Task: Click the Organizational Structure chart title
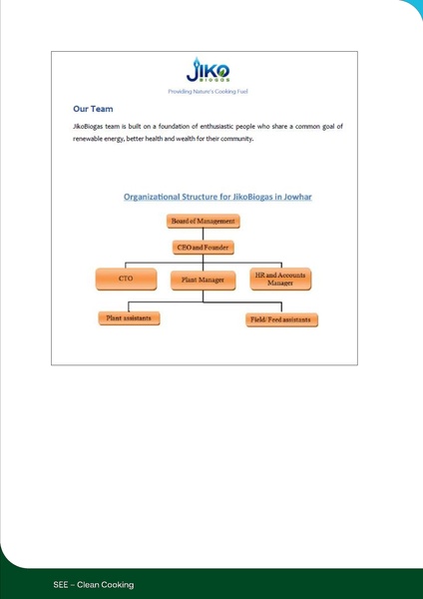[x=217, y=197]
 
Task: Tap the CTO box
[x=126, y=280]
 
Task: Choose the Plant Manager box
[x=202, y=281]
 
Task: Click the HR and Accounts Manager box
[x=280, y=279]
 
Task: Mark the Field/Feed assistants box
[x=283, y=320]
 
